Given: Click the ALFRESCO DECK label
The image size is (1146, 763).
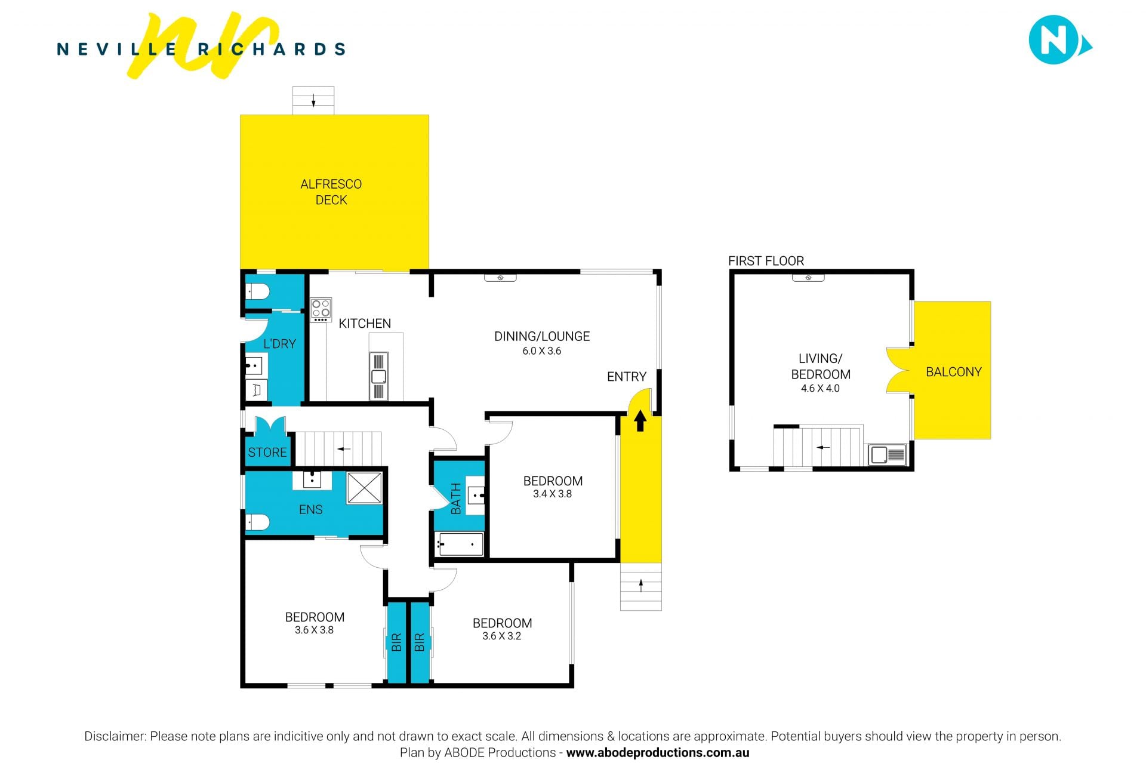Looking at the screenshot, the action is coord(331,192).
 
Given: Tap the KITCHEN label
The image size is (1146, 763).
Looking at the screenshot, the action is coord(365,324).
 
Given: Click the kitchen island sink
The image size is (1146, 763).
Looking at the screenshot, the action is coord(378,376).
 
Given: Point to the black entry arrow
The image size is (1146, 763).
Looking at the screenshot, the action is coord(640,420).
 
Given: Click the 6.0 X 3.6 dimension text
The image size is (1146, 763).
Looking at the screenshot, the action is coord(542,351).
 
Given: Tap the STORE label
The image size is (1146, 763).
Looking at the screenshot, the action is coord(267,453).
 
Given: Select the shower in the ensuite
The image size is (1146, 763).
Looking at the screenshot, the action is coord(364,488).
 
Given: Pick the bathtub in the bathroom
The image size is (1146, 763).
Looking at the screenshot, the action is coord(459,544).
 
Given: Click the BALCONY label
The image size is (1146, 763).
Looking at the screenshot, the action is coord(953,372).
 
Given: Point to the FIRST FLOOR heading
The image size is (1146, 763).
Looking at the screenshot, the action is coord(766,261).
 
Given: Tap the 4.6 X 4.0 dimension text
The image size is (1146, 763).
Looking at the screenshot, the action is coord(820,389).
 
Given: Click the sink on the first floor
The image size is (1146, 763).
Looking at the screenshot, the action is coord(887,455).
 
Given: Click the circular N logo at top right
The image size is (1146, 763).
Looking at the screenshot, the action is coord(1053,39).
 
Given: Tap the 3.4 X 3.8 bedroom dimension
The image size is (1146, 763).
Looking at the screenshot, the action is coord(552,494).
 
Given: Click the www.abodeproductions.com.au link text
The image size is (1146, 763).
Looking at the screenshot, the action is coord(657,753).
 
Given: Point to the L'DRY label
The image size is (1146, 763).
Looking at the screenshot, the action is coord(279,344).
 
